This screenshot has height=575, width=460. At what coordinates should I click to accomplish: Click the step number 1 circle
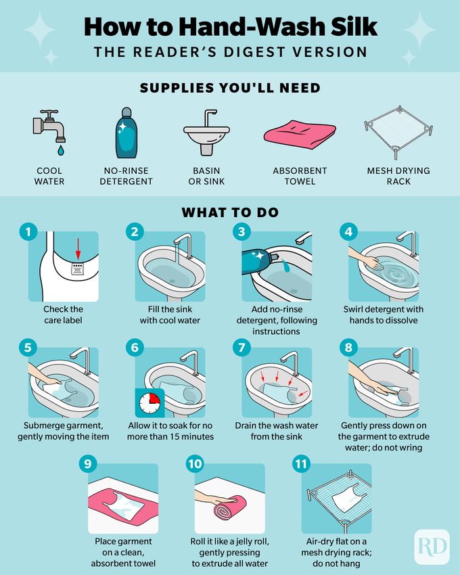click(x=28, y=232)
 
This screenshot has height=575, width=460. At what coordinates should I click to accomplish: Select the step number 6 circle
click(x=135, y=348)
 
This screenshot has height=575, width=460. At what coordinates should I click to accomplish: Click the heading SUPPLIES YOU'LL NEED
click(x=229, y=88)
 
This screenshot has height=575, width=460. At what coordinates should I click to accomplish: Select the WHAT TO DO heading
click(x=229, y=212)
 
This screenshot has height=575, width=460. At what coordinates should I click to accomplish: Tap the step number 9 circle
click(x=86, y=464)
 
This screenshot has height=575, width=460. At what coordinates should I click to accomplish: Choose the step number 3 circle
click(x=240, y=232)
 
